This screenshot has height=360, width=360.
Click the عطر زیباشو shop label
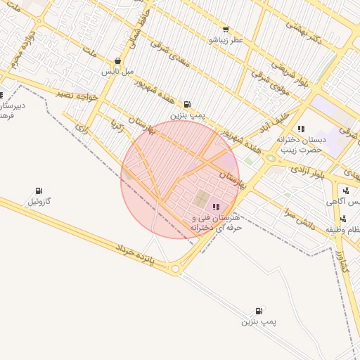pyautogui.click(x=225, y=41)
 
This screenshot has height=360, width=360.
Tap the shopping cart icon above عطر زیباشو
pyautogui.click(x=225, y=30)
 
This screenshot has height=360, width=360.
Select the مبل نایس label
pyautogui.click(x=117, y=72)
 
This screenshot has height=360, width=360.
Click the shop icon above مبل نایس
pyautogui.click(x=117, y=61)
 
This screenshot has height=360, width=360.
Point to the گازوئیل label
pyautogui.click(x=39, y=202)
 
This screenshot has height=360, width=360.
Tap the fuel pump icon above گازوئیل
pyautogui.click(x=39, y=191)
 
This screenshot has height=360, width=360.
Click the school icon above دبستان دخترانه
pyautogui.click(x=301, y=129)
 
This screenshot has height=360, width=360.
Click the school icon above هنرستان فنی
pyautogui.click(x=215, y=206)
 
